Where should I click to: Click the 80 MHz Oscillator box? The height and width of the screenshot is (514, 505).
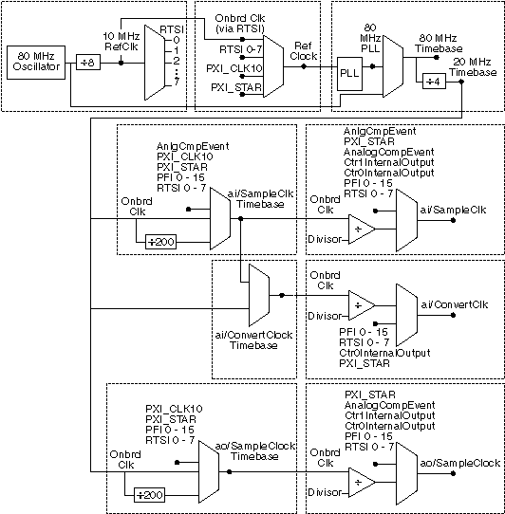(36, 63)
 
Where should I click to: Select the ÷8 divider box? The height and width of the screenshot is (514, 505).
(88, 62)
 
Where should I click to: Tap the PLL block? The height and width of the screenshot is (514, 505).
(349, 74)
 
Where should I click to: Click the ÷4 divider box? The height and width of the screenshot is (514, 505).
(434, 82)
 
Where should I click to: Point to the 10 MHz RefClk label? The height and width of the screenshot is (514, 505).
(122, 42)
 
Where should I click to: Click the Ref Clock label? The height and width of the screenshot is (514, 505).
(304, 51)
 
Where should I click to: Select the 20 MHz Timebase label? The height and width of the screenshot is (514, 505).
(473, 67)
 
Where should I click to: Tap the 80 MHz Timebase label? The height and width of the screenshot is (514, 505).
(439, 44)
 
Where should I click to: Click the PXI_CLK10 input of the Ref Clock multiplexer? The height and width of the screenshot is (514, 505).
(234, 68)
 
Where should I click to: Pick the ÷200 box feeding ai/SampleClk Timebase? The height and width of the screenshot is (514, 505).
(160, 242)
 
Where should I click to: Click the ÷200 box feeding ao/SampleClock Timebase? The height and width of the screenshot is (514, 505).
(150, 495)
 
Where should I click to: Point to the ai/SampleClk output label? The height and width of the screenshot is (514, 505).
(453, 210)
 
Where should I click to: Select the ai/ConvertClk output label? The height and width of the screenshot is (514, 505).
(455, 304)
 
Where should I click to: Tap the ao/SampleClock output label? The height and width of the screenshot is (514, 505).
(460, 463)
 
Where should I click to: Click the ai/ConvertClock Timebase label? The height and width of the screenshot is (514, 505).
(253, 340)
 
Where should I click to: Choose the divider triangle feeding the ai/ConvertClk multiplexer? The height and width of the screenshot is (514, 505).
(362, 305)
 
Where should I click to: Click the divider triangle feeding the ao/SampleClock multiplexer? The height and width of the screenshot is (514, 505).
(362, 482)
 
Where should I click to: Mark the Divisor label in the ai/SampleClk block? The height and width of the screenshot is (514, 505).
(325, 239)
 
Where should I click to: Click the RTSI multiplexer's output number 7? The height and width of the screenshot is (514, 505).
(177, 82)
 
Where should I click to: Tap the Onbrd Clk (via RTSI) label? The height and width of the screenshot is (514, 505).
(240, 24)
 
